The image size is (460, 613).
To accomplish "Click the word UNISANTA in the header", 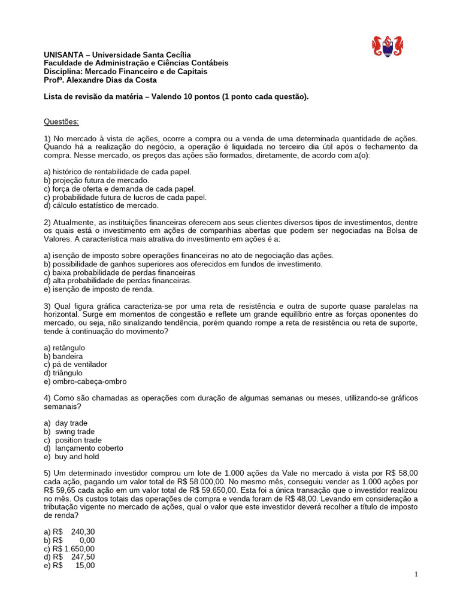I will (x=61, y=54).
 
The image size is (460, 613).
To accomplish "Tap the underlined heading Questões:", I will (x=61, y=122).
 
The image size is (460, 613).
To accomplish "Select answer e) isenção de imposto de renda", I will (x=99, y=289).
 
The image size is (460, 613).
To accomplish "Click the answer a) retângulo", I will (x=65, y=348).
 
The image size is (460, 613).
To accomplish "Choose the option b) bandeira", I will (x=64, y=356).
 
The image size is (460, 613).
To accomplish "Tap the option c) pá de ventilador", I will (x=75, y=365).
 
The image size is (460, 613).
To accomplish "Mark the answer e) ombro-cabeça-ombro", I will (x=85, y=381).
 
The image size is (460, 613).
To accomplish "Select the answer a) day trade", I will (x=71, y=423).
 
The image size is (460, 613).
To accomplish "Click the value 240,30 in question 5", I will (x=82, y=532).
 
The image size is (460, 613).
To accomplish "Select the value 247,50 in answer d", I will (x=82, y=557).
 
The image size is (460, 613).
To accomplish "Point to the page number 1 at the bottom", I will (x=416, y=575).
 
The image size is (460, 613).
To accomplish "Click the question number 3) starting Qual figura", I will (x=48, y=306).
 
